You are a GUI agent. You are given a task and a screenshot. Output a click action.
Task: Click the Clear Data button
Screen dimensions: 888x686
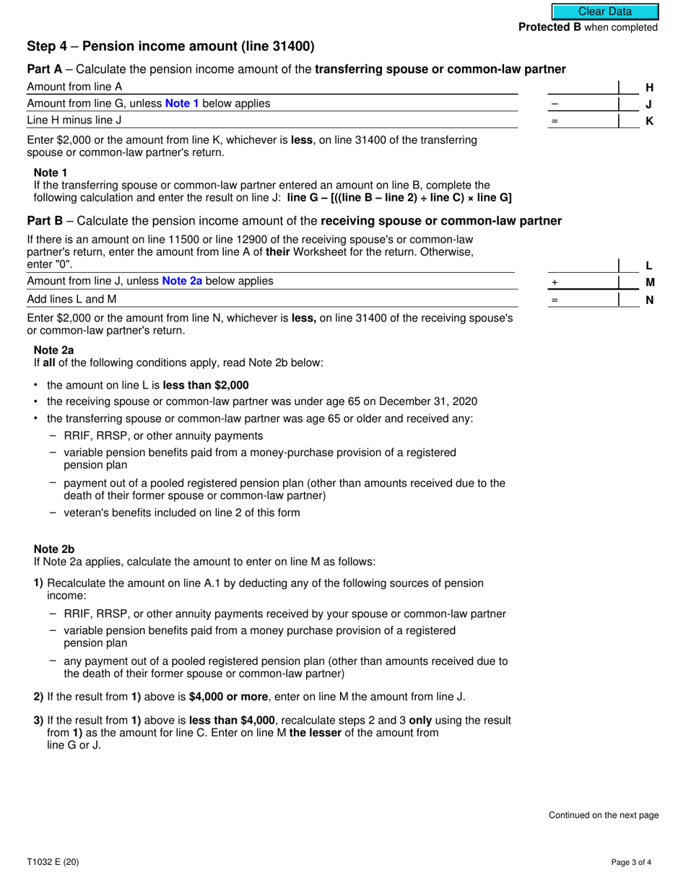tap(605, 12)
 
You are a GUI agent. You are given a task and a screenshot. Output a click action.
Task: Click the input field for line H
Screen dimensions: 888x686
tap(583, 87)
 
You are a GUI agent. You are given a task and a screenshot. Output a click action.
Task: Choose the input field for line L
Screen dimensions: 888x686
tap(583, 265)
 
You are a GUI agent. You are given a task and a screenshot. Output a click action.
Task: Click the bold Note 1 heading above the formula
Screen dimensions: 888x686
tap(51, 173)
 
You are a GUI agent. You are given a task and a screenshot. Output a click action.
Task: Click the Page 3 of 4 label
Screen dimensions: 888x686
tap(635, 861)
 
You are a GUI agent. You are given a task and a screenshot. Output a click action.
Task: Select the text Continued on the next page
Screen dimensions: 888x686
tap(604, 815)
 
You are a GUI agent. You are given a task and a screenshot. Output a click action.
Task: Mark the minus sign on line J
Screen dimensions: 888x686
tap(555, 104)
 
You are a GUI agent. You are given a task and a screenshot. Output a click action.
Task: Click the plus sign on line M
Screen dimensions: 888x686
tap(555, 282)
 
